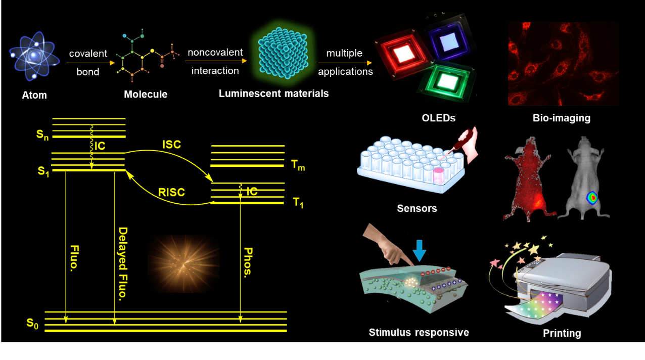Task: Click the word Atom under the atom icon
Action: pyautogui.click(x=34, y=95)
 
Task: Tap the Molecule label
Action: pyautogui.click(x=146, y=94)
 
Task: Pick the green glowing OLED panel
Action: pyautogui.click(x=446, y=79)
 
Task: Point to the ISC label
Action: pyautogui.click(x=171, y=145)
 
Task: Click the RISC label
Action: pyautogui.click(x=171, y=192)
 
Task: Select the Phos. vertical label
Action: pyautogui.click(x=248, y=262)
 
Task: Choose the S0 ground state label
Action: pyautogui.click(x=32, y=324)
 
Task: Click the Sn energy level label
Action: pyautogui.click(x=43, y=135)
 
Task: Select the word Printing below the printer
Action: pyautogui.click(x=562, y=333)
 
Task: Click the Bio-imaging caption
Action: pyautogui.click(x=561, y=118)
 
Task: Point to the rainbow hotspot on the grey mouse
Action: pyautogui.click(x=590, y=197)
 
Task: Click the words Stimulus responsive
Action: pyautogui.click(x=419, y=332)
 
